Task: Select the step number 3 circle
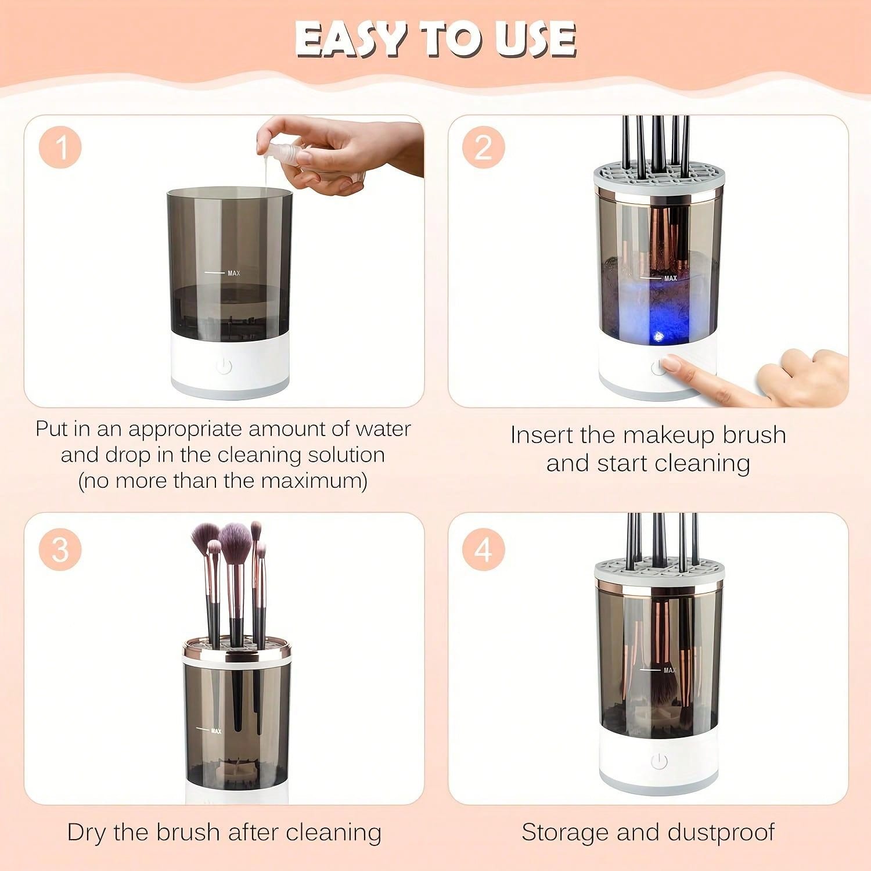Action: tap(61, 549)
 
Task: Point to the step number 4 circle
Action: tap(484, 549)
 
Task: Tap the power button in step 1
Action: tap(224, 366)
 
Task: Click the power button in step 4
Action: tap(658, 761)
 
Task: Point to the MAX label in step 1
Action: tap(233, 273)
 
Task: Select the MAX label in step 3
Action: tap(216, 730)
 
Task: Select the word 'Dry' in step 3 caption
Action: tap(87, 832)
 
